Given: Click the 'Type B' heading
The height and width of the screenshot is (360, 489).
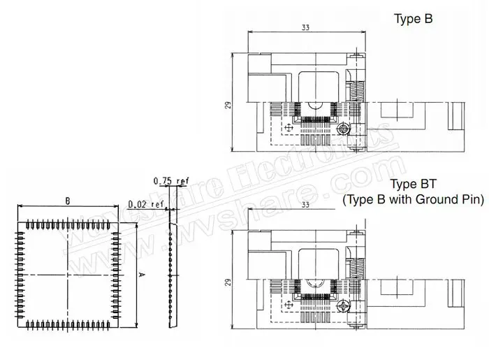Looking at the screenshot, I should tap(414, 19).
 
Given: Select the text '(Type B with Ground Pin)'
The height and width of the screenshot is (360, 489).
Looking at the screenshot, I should tap(413, 200).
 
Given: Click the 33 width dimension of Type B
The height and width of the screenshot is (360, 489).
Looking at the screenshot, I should tap(305, 28).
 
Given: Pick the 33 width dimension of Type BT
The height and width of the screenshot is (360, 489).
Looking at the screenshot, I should tap(305, 205).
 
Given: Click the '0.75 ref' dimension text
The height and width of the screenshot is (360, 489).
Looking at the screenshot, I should tap(170, 180).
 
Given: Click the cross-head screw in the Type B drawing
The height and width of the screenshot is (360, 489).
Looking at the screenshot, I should tap(343, 129).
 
